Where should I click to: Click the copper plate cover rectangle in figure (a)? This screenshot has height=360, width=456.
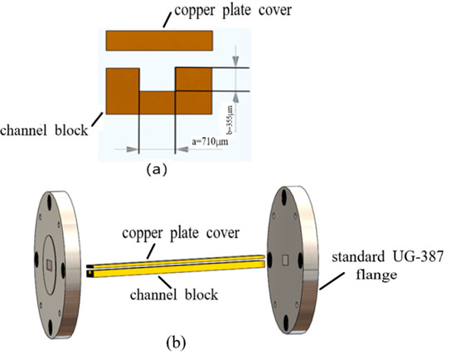pos(159,41)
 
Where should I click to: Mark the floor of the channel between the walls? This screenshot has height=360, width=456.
pos(157,101)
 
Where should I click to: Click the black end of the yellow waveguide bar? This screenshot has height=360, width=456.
pos(88,269)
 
